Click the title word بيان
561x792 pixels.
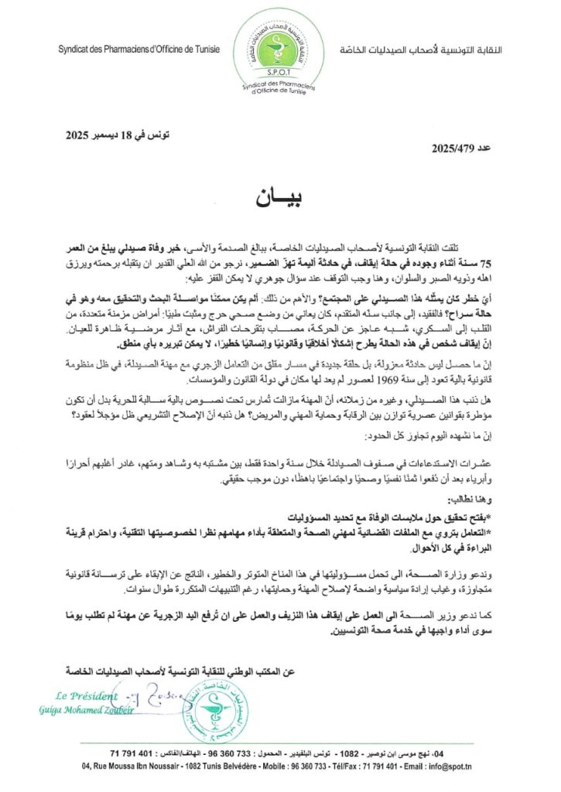pyautogui.click(x=280, y=197)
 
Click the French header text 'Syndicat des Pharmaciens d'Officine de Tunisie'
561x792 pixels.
pyautogui.click(x=139, y=49)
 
